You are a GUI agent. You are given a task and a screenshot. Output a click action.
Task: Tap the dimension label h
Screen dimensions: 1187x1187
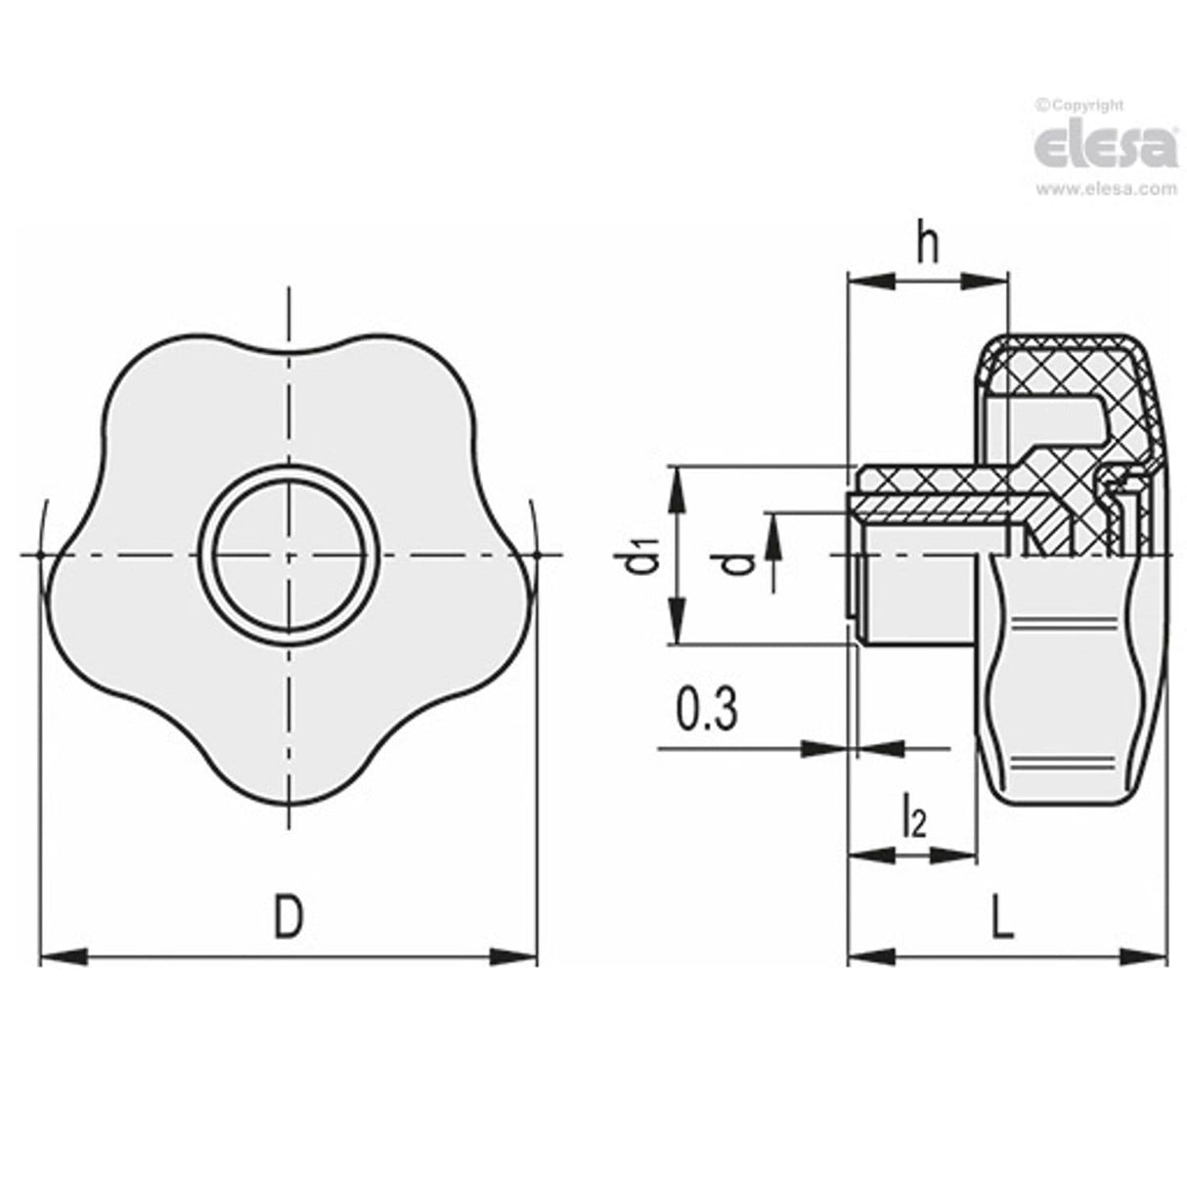click(x=926, y=246)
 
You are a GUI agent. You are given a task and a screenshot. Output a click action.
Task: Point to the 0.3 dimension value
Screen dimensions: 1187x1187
click(x=706, y=711)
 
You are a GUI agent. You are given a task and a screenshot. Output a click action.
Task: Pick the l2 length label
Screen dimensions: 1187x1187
click(x=913, y=819)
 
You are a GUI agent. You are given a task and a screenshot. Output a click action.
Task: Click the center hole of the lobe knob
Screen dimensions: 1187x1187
click(x=288, y=555)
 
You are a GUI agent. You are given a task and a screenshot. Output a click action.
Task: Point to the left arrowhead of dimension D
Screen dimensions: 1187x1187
click(x=59, y=956)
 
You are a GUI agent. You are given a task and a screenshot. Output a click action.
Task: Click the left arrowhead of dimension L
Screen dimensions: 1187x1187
click(x=868, y=956)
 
